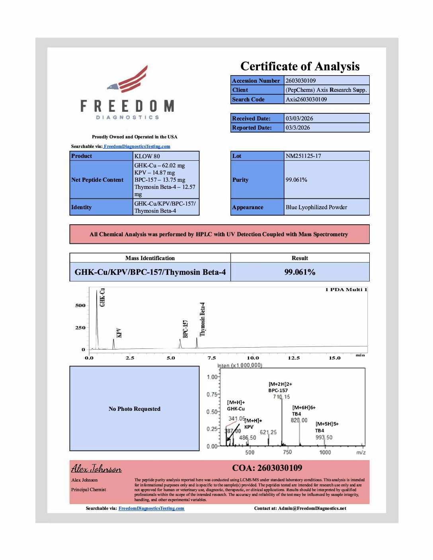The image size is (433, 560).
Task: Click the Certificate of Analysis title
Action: coord(300,66)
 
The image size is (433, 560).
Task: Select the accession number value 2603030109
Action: coord(300,80)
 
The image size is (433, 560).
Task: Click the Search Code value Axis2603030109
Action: coord(306,99)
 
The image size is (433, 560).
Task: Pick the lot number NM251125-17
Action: coord(303,156)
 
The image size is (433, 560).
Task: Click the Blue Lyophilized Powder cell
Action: coord(316,207)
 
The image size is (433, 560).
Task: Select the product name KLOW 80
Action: coord(147,156)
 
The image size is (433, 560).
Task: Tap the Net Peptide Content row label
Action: coord(98,180)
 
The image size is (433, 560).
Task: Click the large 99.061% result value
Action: coord(300,272)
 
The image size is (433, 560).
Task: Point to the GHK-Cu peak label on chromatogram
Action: coord(102,297)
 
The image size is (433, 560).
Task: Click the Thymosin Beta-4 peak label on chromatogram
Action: coord(203,319)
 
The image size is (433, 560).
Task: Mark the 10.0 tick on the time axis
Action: coord(253,358)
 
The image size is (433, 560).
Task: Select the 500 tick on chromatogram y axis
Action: coord(80,305)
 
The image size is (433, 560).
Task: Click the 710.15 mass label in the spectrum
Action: coord(281,397)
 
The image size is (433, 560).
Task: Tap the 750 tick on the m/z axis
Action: coord(287,452)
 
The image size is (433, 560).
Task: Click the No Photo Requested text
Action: coord(135,409)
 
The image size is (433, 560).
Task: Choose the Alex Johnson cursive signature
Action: coord(96,469)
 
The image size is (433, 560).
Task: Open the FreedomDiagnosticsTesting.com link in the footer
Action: coord(151,508)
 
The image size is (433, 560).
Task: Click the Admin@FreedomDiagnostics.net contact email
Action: coord(312,508)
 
